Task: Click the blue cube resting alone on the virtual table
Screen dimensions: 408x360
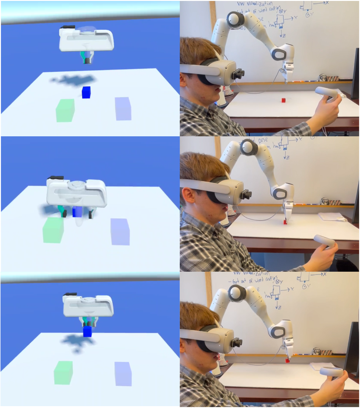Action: pos(86,92)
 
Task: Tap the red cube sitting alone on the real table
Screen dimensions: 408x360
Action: pos(283,100)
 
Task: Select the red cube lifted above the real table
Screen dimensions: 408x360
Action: pos(287,361)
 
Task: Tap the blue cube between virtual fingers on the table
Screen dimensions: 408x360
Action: pos(76,211)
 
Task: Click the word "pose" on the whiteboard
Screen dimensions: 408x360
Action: pos(263,141)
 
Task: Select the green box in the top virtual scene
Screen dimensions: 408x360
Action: pos(65,110)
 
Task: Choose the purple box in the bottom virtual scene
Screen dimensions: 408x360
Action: pos(123,374)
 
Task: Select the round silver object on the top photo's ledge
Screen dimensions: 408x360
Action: pos(323,77)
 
